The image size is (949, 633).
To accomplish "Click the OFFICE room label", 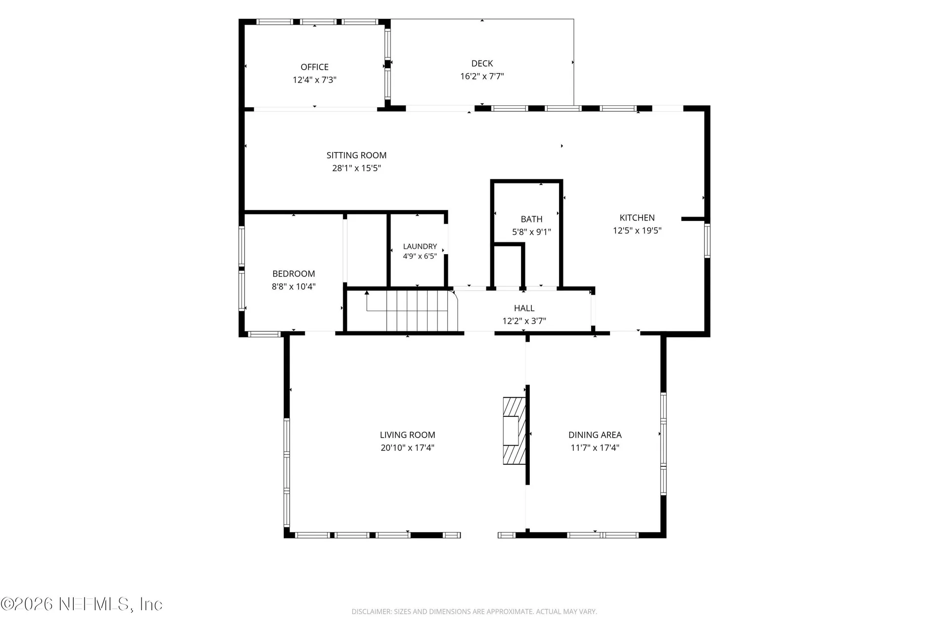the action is pos(314,67).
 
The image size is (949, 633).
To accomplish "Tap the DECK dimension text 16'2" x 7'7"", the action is pos(482,76).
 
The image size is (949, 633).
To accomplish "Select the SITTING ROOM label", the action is pos(356,155).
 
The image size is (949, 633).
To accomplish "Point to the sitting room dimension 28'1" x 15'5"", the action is pos(356,168).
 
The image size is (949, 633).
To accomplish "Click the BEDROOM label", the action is pos(294,273).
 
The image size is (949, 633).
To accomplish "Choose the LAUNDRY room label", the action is pos(420,246).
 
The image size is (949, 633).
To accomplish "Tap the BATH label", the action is pos(531,219).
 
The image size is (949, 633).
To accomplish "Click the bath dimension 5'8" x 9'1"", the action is pos(531,232).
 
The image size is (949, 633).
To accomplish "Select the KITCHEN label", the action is pos(637,218).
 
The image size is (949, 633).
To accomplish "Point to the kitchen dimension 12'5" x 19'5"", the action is pos(637,230).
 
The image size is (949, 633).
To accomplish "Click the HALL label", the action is pos(524,308).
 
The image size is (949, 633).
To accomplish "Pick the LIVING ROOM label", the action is pos(407,435).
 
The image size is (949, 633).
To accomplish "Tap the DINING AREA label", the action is pos(595,435).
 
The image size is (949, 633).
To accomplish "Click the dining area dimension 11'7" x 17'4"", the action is pos(595,448).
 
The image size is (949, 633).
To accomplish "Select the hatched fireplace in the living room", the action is pos(514,431).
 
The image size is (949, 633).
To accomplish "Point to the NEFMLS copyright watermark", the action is pos(82,604).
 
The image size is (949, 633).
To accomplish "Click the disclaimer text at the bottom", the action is pos(474,612).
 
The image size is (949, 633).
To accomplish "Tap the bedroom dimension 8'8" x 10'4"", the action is pos(294,286).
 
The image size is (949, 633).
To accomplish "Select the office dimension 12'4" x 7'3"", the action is pos(314,80).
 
